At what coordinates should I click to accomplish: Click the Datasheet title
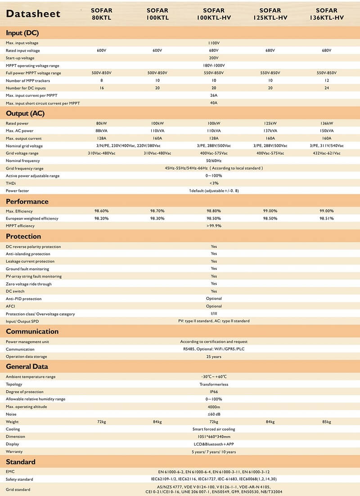33,14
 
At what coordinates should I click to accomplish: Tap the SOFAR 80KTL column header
102,14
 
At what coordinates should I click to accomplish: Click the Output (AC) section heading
25,113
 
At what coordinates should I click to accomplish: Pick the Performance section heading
27,201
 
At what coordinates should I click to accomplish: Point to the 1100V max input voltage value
214,43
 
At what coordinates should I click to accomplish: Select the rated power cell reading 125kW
270,123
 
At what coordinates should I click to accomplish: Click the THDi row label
11,183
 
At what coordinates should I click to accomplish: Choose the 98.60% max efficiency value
102,211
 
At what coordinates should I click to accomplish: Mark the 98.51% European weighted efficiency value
326,219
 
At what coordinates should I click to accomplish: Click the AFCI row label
10,306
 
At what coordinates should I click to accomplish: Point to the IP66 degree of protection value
214,392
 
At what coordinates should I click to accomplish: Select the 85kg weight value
326,422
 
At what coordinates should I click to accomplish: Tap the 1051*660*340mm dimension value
214,437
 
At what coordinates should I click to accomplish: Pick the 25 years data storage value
214,357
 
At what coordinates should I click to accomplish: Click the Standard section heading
20,462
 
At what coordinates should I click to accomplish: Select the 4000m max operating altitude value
214,407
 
